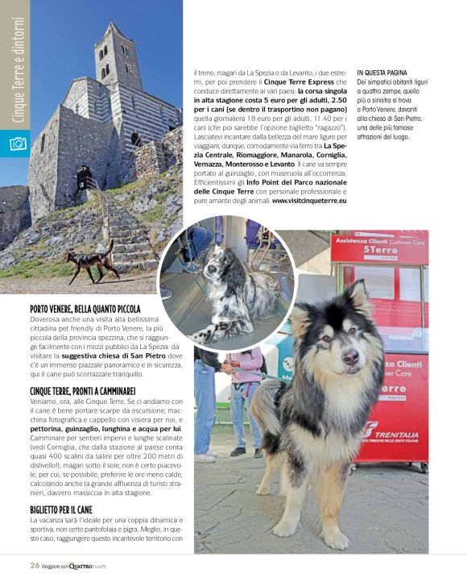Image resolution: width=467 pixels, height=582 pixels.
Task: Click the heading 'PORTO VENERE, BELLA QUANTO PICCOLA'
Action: (85, 309)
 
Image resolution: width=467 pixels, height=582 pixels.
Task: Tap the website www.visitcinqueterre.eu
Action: (309, 200)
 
